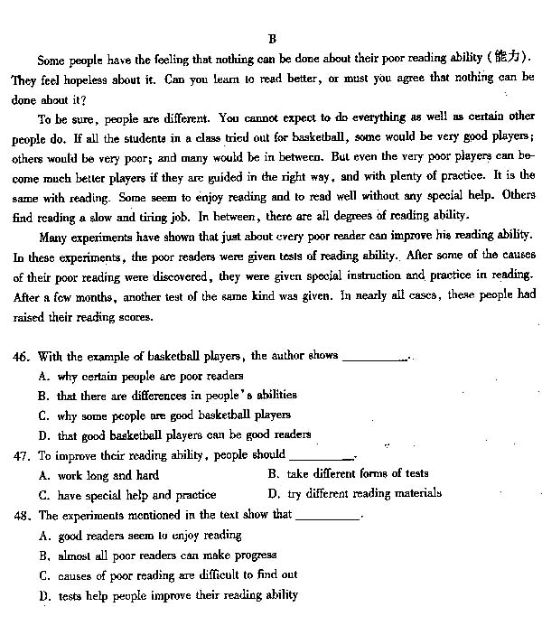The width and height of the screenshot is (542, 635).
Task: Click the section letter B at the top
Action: coord(271,39)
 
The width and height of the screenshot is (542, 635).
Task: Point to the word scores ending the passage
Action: coord(134,317)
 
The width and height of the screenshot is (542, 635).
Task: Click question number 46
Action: coord(21,356)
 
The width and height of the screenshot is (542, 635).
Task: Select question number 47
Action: coord(21,455)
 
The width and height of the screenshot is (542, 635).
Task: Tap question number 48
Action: coord(21,515)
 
